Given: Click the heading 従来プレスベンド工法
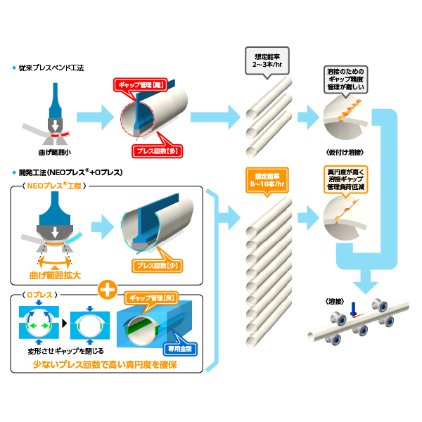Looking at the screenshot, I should coord(52,68).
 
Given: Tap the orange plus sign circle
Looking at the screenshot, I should coord(108,289).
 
